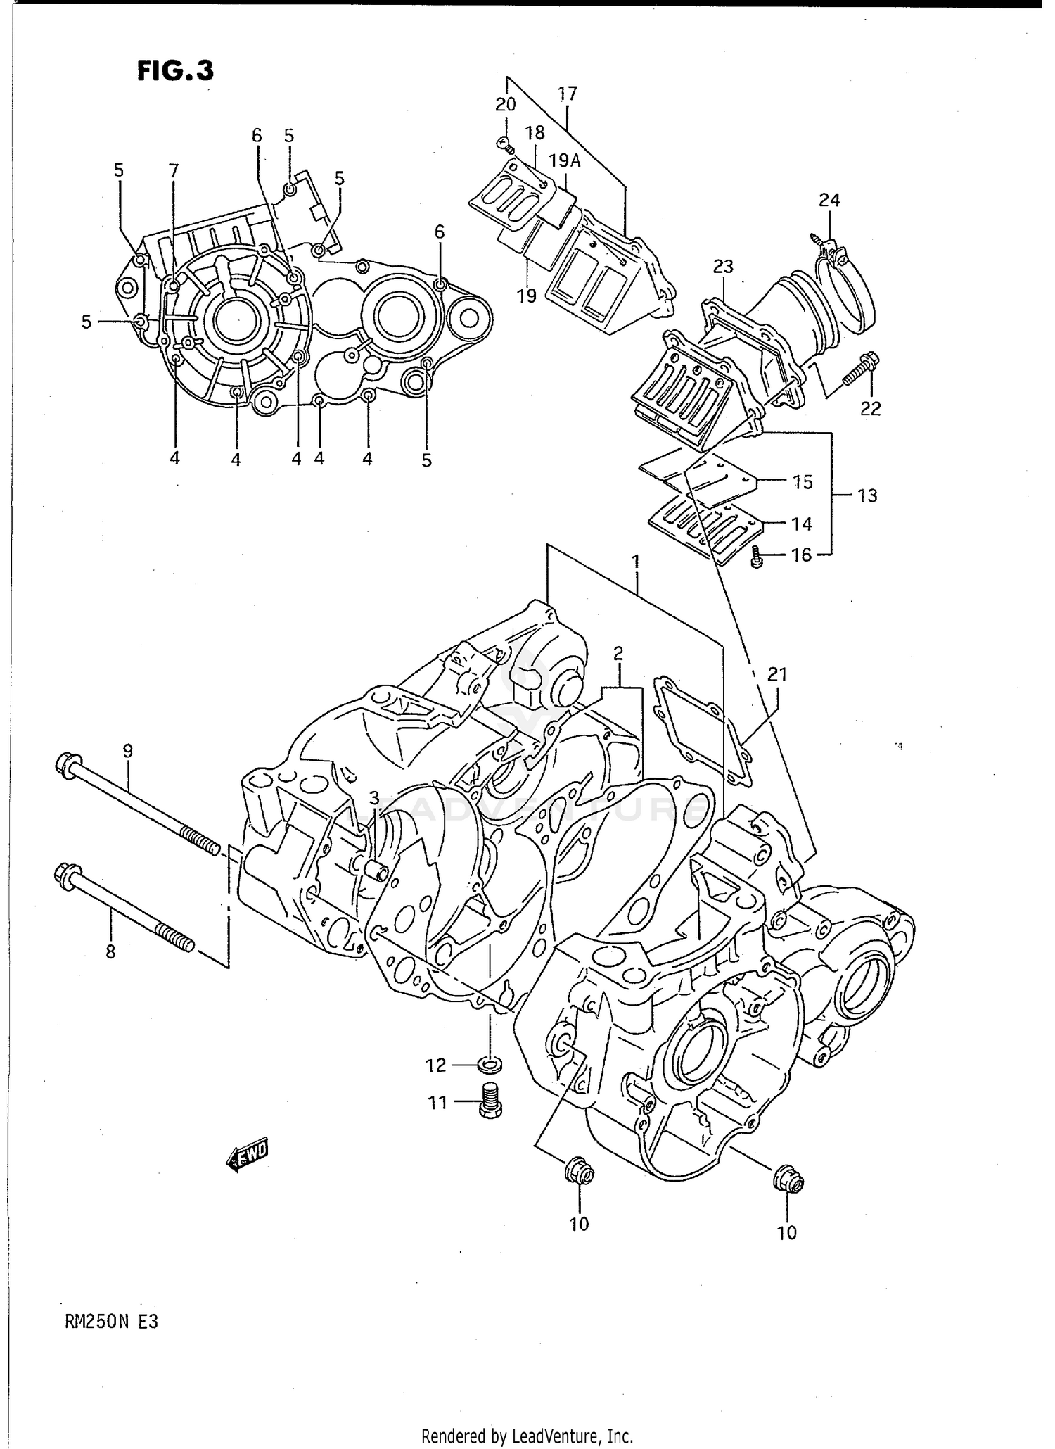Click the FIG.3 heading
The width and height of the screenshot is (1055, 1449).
(x=175, y=71)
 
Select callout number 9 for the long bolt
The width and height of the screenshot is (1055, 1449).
(x=127, y=751)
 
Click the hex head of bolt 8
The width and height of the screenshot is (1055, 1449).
(x=65, y=876)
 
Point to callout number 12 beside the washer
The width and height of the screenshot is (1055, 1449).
(x=436, y=1065)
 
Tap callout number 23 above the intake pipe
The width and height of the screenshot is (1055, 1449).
(x=723, y=267)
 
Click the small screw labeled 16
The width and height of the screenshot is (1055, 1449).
(x=757, y=557)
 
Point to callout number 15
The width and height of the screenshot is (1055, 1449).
(x=802, y=482)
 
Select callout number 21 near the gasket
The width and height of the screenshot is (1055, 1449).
(x=776, y=674)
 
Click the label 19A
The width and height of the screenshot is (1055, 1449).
(x=565, y=161)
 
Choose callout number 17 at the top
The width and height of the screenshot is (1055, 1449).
(x=567, y=94)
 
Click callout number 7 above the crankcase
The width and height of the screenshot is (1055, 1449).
(x=174, y=170)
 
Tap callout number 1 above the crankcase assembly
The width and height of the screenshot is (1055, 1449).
(x=635, y=562)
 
